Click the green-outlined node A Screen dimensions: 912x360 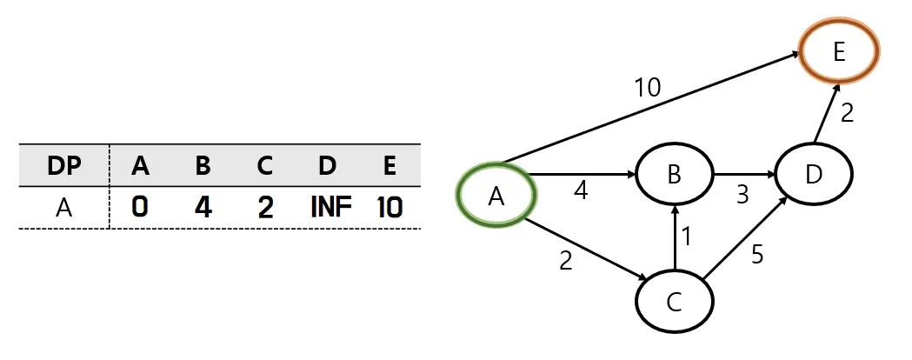tap(496, 196)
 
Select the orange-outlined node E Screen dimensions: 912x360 tap(839, 51)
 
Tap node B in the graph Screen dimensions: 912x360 tap(674, 173)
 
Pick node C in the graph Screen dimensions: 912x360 tap(674, 302)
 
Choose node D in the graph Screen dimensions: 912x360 tap(813, 174)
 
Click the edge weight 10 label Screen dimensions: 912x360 tap(647, 87)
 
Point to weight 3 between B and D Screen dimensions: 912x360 tap(742, 195)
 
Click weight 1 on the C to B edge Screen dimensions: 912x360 tap(686, 237)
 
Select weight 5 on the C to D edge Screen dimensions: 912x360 tap(756, 254)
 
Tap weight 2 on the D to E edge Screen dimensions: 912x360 tap(847, 112)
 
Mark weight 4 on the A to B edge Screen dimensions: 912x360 tap(581, 190)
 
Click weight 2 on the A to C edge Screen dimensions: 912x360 tap(565, 261)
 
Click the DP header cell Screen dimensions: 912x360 tap(64, 166)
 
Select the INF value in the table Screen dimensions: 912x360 tap(331, 207)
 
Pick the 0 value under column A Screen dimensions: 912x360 tap(139, 207)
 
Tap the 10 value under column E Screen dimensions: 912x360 tap(389, 207)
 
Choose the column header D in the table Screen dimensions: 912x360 tap(327, 166)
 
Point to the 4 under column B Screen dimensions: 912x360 tap(203, 207)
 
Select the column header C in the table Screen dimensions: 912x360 tap(264, 166)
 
